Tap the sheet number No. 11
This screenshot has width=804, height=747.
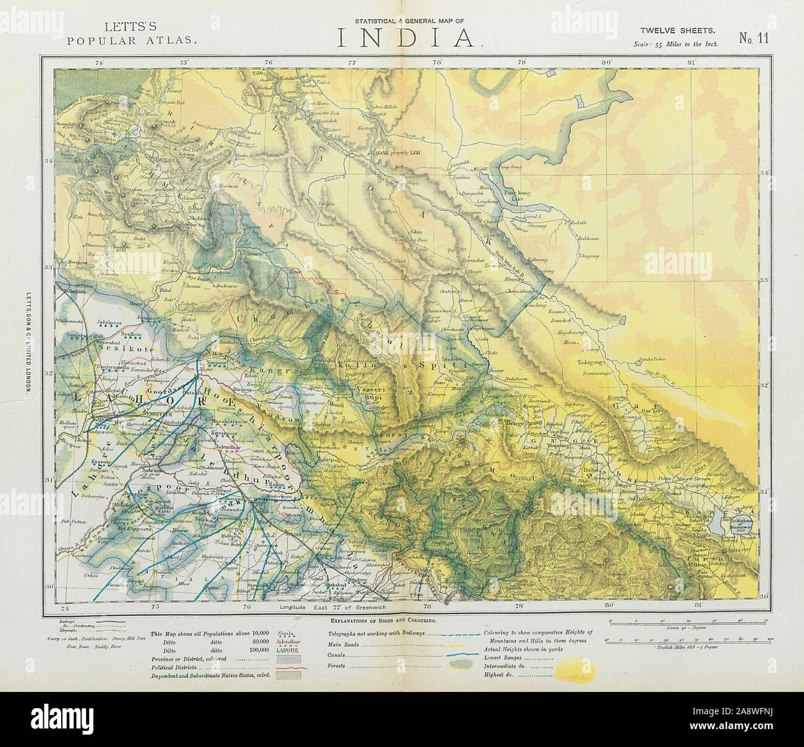click(753, 38)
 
